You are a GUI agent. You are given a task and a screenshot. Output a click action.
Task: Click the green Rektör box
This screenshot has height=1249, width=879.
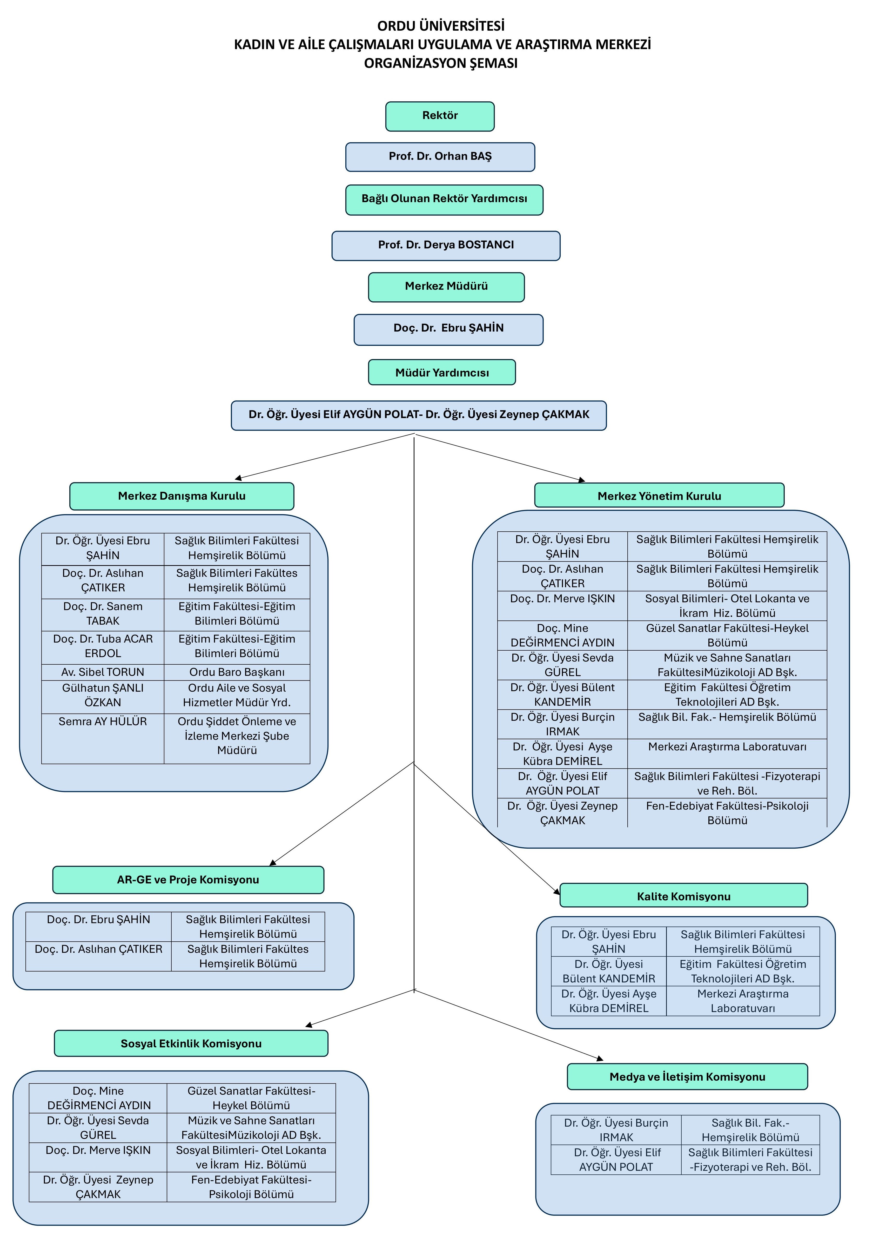440,116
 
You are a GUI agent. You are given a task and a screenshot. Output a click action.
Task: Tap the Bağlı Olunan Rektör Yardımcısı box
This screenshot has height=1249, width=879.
444,200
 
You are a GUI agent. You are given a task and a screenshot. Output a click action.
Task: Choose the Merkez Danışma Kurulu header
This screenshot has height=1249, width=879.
182,496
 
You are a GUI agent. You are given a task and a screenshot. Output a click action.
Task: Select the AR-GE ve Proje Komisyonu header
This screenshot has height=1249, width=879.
188,880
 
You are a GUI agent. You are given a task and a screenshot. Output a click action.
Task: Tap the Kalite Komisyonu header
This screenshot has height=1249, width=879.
684,895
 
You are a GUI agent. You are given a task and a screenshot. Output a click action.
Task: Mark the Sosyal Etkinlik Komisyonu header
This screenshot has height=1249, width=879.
191,1043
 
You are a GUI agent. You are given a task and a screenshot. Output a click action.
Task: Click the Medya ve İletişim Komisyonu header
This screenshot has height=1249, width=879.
687,1076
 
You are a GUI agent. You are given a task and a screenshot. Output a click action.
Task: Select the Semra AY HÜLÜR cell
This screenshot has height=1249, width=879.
103,738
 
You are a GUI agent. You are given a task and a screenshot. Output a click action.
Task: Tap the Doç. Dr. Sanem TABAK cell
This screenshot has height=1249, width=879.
103,614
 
